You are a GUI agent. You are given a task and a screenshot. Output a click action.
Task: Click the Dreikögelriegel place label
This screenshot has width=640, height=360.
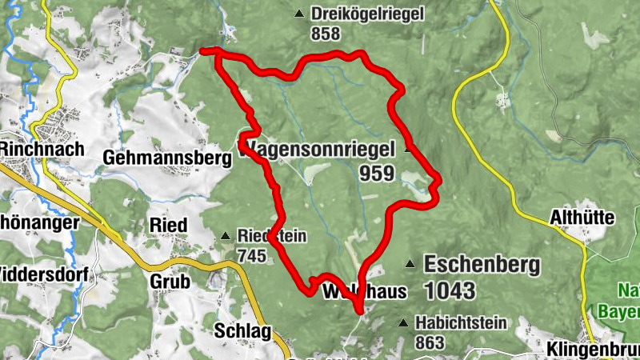[368, 14]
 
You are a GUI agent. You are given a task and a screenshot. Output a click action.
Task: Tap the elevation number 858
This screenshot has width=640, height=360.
[327, 34]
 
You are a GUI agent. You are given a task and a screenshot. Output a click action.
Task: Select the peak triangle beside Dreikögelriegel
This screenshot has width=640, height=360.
[299, 14]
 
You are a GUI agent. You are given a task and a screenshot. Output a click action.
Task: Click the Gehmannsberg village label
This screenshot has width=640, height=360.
[167, 158]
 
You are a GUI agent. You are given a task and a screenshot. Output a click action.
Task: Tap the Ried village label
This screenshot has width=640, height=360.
[168, 226]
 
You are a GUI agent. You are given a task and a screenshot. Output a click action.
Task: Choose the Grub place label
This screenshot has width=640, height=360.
[170, 282]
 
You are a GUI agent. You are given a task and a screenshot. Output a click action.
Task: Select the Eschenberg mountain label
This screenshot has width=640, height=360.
[482, 264]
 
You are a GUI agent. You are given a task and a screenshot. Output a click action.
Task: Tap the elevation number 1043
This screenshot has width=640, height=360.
[450, 290]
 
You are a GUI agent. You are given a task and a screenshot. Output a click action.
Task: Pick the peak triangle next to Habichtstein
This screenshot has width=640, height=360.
[402, 323]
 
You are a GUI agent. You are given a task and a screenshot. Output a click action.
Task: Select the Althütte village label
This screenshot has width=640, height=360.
[582, 218]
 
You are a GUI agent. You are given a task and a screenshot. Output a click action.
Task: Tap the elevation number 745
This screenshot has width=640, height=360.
[251, 255]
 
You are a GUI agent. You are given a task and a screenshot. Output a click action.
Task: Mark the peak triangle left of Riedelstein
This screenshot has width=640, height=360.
[225, 235]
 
